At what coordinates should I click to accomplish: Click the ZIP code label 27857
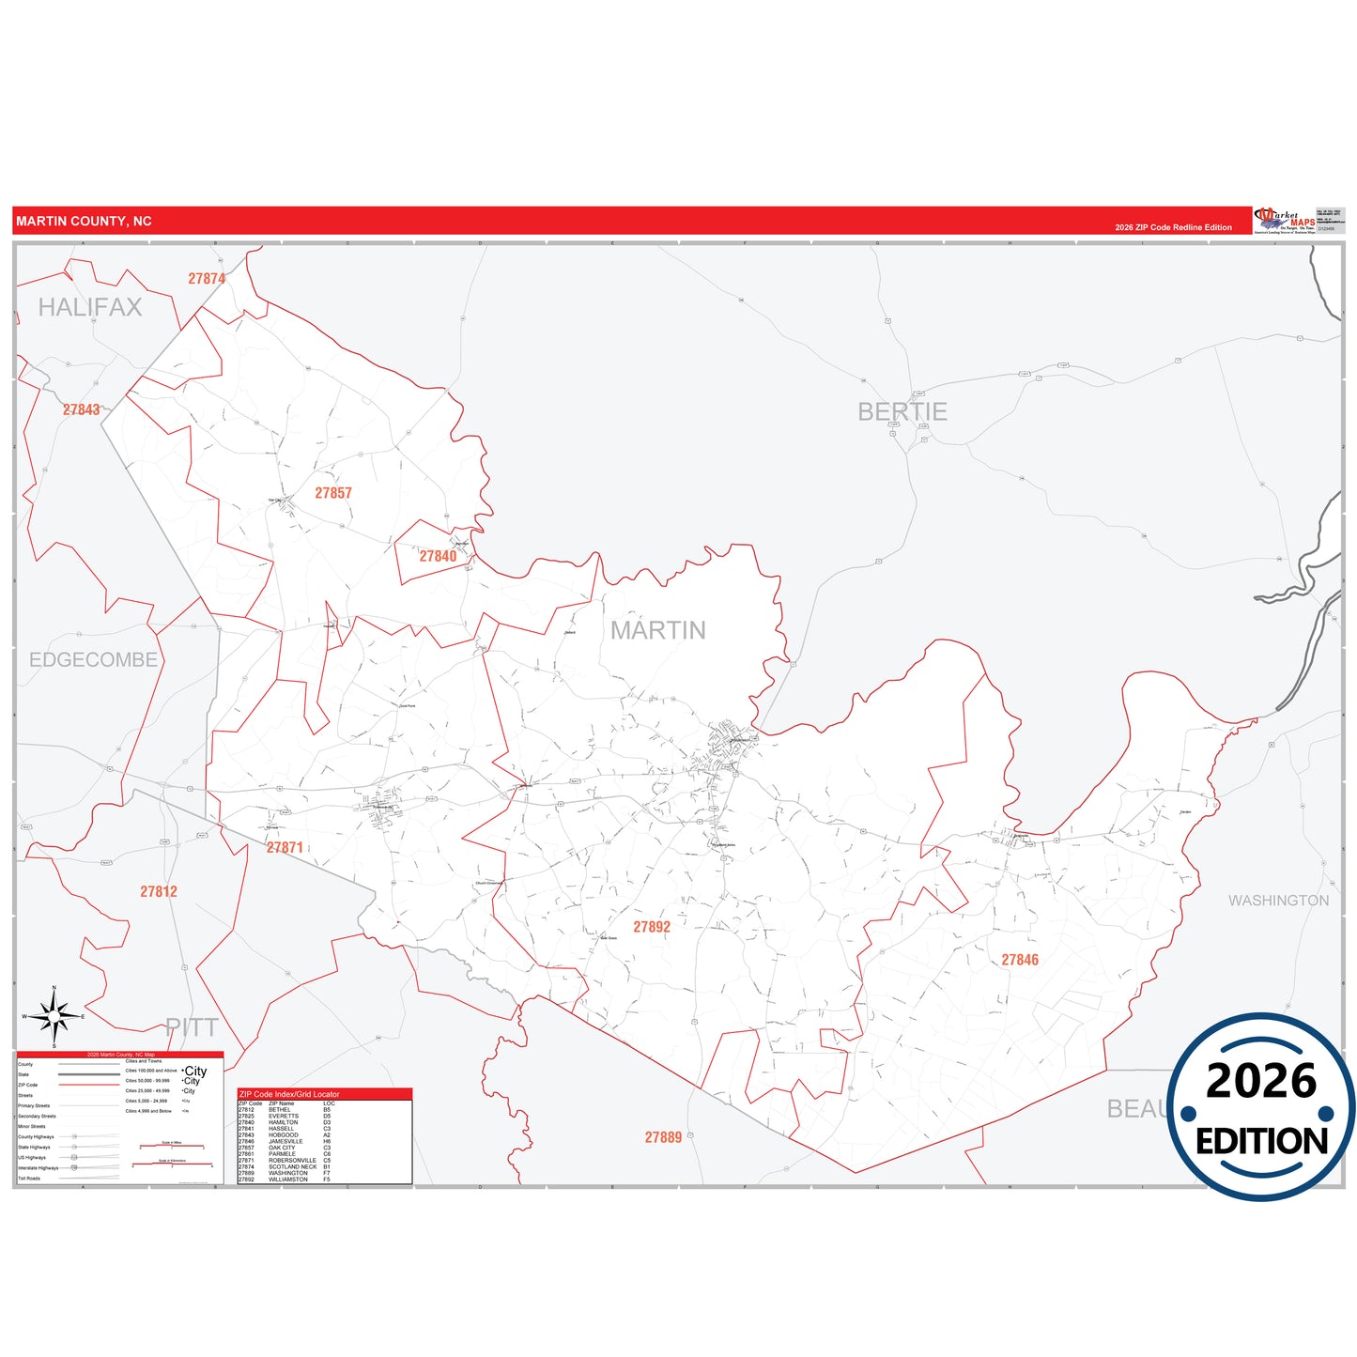[333, 493]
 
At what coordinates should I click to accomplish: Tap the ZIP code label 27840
[438, 556]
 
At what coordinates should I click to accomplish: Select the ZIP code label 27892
[652, 927]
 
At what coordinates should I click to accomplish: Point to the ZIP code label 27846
[1020, 960]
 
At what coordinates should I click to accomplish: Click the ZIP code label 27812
[159, 891]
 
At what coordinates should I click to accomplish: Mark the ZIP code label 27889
[663, 1137]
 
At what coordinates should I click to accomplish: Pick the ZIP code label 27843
[82, 409]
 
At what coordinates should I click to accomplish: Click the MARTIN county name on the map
[658, 630]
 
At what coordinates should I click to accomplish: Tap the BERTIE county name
[902, 411]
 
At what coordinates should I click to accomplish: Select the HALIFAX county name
[90, 307]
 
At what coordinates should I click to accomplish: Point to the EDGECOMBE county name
[93, 660]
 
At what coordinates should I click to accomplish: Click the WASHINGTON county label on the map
[1278, 901]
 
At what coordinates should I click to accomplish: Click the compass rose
[54, 1016]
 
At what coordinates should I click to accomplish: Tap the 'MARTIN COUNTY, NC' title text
[84, 222]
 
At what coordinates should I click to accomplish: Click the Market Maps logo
[1285, 221]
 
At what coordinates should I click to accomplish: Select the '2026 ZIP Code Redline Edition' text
[1173, 227]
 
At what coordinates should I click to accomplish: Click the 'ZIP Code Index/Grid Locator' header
[289, 1094]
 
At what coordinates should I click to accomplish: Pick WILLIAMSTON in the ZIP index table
[288, 1180]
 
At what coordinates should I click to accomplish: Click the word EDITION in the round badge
[1261, 1141]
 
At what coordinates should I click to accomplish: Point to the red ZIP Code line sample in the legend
[88, 1085]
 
